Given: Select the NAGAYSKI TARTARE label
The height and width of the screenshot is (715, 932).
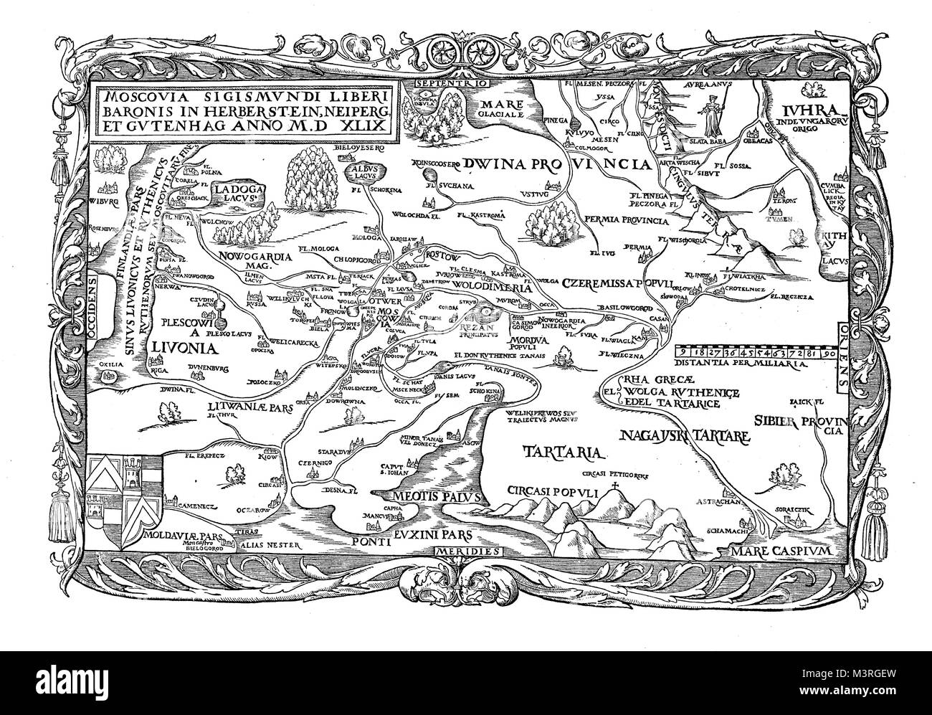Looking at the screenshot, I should point(684,435).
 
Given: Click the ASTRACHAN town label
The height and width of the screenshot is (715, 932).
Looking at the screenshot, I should point(721,504).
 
